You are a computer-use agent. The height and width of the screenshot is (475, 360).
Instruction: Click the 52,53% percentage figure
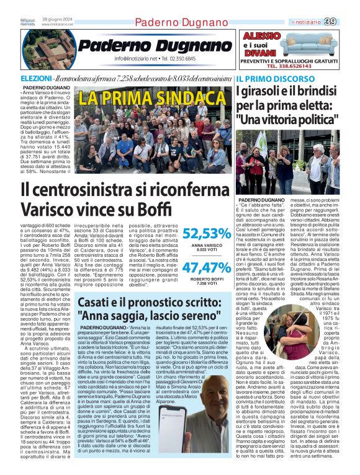click(207, 234)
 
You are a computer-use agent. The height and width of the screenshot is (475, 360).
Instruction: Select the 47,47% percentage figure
click(207, 267)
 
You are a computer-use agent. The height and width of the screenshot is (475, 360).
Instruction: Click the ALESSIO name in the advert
click(262, 36)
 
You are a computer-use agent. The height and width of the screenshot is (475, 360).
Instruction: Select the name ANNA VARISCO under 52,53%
click(207, 246)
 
